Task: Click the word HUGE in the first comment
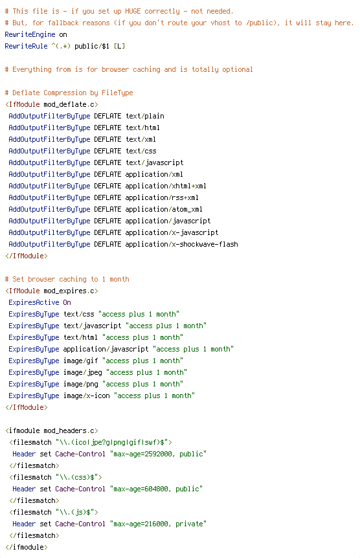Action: coord(133,12)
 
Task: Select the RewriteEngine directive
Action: coord(30,34)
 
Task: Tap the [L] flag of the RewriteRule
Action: coord(119,46)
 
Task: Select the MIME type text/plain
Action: coord(145,116)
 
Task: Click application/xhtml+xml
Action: coord(166,186)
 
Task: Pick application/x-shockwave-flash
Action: coord(181,245)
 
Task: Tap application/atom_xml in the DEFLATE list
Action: coord(164,209)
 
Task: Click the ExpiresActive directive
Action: coord(34,302)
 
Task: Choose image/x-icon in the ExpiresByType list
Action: coord(87,396)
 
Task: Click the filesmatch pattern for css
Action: coord(77,477)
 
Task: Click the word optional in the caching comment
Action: coord(238,70)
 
